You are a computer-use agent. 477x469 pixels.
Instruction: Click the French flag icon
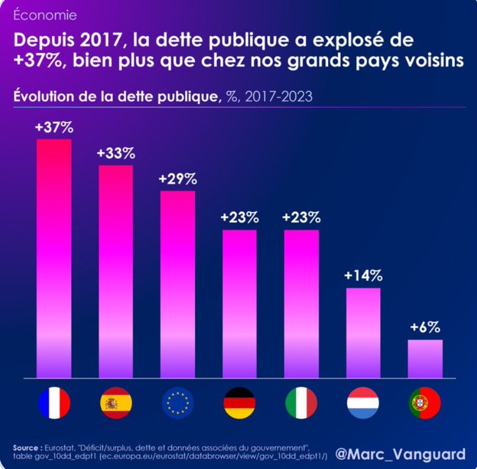point(54,403)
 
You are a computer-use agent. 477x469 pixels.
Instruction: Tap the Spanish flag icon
point(116,403)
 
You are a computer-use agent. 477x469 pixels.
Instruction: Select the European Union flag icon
point(177,403)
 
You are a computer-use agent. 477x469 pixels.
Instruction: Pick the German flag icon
point(239,403)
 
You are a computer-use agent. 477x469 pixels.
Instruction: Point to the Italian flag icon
point(301,403)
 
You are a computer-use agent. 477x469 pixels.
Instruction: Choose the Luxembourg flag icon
point(363,403)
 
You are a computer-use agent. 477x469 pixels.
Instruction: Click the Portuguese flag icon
point(425,403)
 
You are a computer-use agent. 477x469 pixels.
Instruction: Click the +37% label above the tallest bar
point(54,128)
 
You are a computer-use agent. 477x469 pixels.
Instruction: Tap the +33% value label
point(116,154)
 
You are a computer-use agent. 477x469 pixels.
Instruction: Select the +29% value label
point(177,179)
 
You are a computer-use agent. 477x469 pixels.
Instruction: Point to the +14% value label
point(363,276)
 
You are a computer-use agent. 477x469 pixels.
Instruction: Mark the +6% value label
point(425,327)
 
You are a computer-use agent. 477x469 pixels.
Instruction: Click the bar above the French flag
point(54,259)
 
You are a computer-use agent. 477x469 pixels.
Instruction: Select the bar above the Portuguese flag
point(425,359)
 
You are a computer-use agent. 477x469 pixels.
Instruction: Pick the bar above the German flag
point(239,304)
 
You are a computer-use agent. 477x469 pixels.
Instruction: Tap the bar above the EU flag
point(177,285)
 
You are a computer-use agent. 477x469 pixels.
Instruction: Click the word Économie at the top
point(45,15)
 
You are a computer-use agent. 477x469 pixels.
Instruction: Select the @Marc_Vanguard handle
point(400,454)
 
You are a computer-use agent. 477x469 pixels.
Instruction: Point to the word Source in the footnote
point(27,447)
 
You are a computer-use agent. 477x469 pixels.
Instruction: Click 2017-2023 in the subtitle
point(279,97)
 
